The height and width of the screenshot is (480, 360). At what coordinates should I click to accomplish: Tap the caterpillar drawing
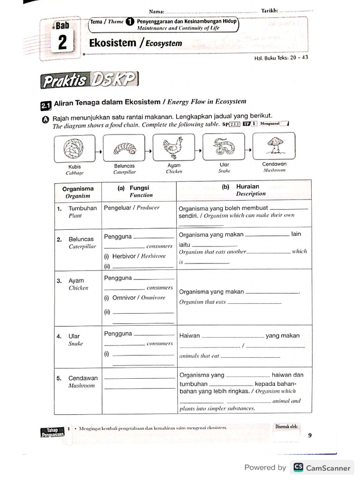tap(124, 148)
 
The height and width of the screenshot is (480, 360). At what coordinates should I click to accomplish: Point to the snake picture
tap(224, 146)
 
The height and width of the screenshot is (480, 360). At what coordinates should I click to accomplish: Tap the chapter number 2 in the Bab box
tap(62, 44)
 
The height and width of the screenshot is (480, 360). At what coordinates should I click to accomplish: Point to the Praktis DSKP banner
tap(90, 81)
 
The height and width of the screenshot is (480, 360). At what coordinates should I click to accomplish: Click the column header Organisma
tap(78, 188)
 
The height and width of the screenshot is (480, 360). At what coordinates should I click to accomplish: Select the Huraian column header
tap(247, 186)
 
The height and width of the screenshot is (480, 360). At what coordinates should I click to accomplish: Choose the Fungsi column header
tap(139, 187)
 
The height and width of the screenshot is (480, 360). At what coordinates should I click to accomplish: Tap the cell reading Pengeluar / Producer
tap(132, 208)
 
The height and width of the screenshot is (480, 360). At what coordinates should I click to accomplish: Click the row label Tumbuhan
tap(82, 208)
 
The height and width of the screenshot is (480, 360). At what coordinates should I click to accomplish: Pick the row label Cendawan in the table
tap(83, 378)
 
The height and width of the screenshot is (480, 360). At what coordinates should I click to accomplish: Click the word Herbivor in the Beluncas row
tap(124, 256)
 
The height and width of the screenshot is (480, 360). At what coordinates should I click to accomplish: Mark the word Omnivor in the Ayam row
tap(124, 298)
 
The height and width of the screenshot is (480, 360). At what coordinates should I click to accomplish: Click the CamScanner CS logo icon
tap(298, 467)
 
